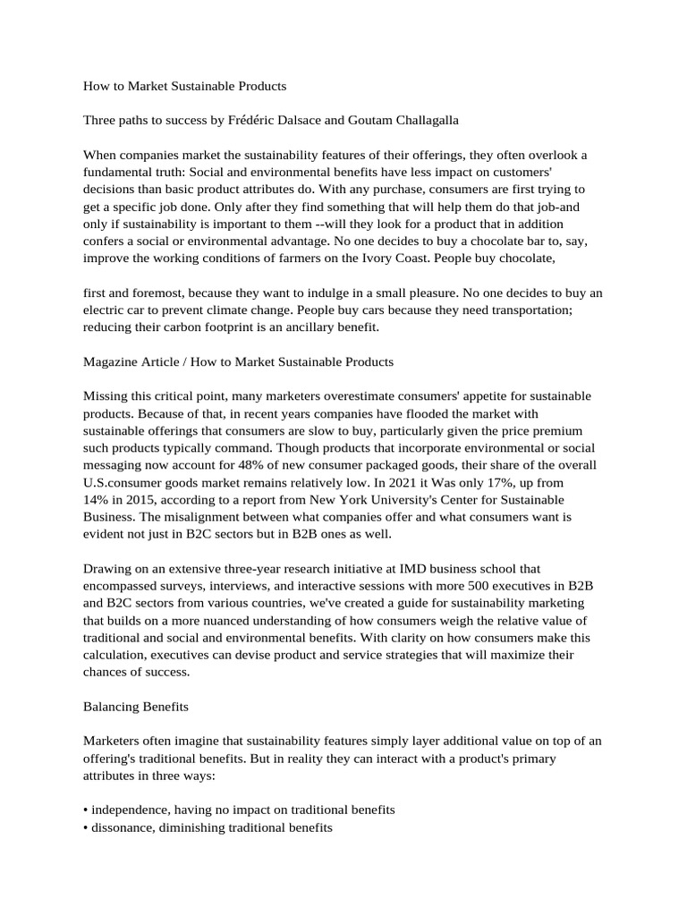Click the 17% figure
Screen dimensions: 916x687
click(486, 482)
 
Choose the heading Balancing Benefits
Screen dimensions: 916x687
click(136, 706)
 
